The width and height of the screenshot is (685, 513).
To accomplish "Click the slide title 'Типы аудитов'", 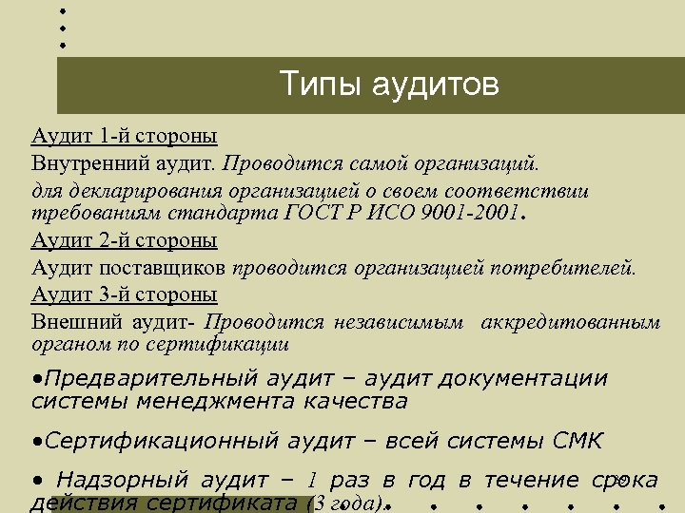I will (x=389, y=85).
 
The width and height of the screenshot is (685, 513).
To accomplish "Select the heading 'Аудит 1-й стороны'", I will (x=124, y=135).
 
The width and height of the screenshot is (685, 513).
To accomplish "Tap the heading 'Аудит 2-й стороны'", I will (x=124, y=240).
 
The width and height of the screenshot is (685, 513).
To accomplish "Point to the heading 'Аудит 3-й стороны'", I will (x=124, y=293).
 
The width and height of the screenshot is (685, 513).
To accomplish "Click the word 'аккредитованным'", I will (x=571, y=321).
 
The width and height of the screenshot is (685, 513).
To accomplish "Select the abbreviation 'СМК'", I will (x=577, y=442).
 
